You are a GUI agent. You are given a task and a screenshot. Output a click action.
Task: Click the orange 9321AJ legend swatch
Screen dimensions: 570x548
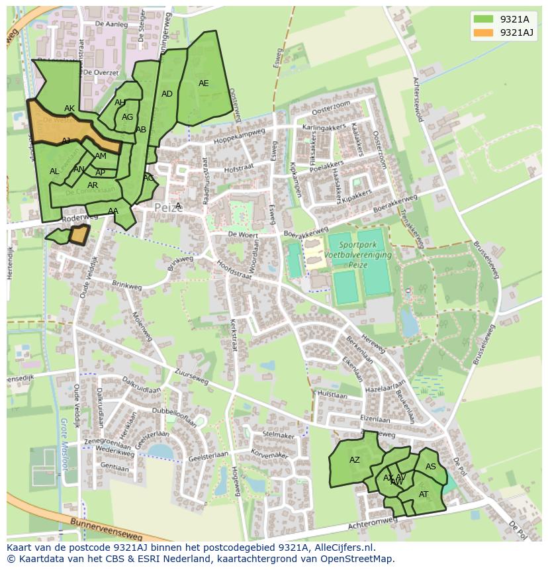point(484,32)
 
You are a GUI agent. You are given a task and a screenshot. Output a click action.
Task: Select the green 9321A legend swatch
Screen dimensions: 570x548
point(484,19)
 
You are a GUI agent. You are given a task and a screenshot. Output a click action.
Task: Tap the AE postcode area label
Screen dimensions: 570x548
point(203,83)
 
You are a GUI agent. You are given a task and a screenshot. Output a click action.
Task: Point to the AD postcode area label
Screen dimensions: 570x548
point(167,94)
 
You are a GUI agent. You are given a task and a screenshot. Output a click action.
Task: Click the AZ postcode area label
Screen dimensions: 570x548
point(355,460)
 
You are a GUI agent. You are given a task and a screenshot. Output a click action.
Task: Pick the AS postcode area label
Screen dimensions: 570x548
point(431,467)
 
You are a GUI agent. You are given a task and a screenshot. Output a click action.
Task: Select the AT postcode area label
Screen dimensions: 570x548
point(424,494)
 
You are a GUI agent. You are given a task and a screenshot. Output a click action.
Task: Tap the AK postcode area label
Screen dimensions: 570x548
point(69,109)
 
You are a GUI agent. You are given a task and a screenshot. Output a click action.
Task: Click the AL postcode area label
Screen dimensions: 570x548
point(54,171)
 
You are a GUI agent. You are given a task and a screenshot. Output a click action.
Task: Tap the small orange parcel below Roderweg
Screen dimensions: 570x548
point(79,234)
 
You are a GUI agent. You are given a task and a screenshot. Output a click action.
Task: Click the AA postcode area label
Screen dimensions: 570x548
point(113,211)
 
